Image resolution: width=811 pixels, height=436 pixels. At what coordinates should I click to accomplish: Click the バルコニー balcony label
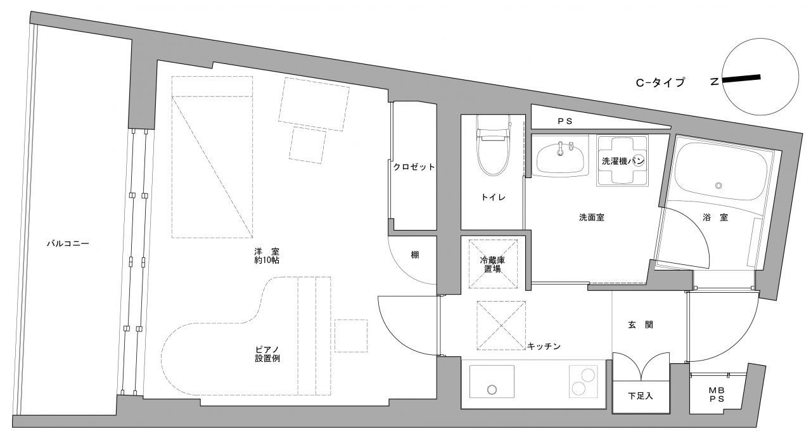pyautogui.click(x=68, y=243)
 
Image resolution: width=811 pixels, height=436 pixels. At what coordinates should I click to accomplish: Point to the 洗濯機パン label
pyautogui.click(x=623, y=161)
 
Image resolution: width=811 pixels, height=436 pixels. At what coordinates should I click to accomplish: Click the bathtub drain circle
pyautogui.click(x=718, y=186)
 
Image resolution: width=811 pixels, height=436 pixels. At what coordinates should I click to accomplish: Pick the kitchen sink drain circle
pyautogui.click(x=492, y=390)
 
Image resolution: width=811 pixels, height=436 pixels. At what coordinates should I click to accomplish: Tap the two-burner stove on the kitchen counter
pyautogui.click(x=582, y=381)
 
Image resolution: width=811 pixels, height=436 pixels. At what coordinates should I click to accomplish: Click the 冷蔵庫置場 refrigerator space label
pyautogui.click(x=492, y=264)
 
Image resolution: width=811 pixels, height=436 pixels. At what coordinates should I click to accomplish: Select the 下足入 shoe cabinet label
pyautogui.click(x=640, y=396)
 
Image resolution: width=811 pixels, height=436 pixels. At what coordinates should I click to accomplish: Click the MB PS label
pyautogui.click(x=717, y=394)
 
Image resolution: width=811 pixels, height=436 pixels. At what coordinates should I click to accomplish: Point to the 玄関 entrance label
pyautogui.click(x=641, y=325)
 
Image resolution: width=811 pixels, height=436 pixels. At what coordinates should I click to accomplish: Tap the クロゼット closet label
pyautogui.click(x=414, y=167)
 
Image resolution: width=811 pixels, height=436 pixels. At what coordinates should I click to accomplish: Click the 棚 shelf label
pyautogui.click(x=415, y=255)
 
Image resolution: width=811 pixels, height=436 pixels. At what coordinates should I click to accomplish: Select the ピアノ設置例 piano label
pyautogui.click(x=267, y=354)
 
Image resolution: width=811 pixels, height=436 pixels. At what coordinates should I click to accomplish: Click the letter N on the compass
pyautogui.click(x=714, y=82)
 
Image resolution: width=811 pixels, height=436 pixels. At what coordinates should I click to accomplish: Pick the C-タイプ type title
pyautogui.click(x=660, y=82)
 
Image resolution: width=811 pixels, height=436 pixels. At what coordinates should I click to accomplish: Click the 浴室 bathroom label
pyautogui.click(x=715, y=217)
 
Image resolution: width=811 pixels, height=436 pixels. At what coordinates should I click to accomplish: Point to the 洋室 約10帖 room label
pyautogui.click(x=267, y=255)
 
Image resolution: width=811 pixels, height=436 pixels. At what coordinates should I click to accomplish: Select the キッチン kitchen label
pyautogui.click(x=544, y=346)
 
